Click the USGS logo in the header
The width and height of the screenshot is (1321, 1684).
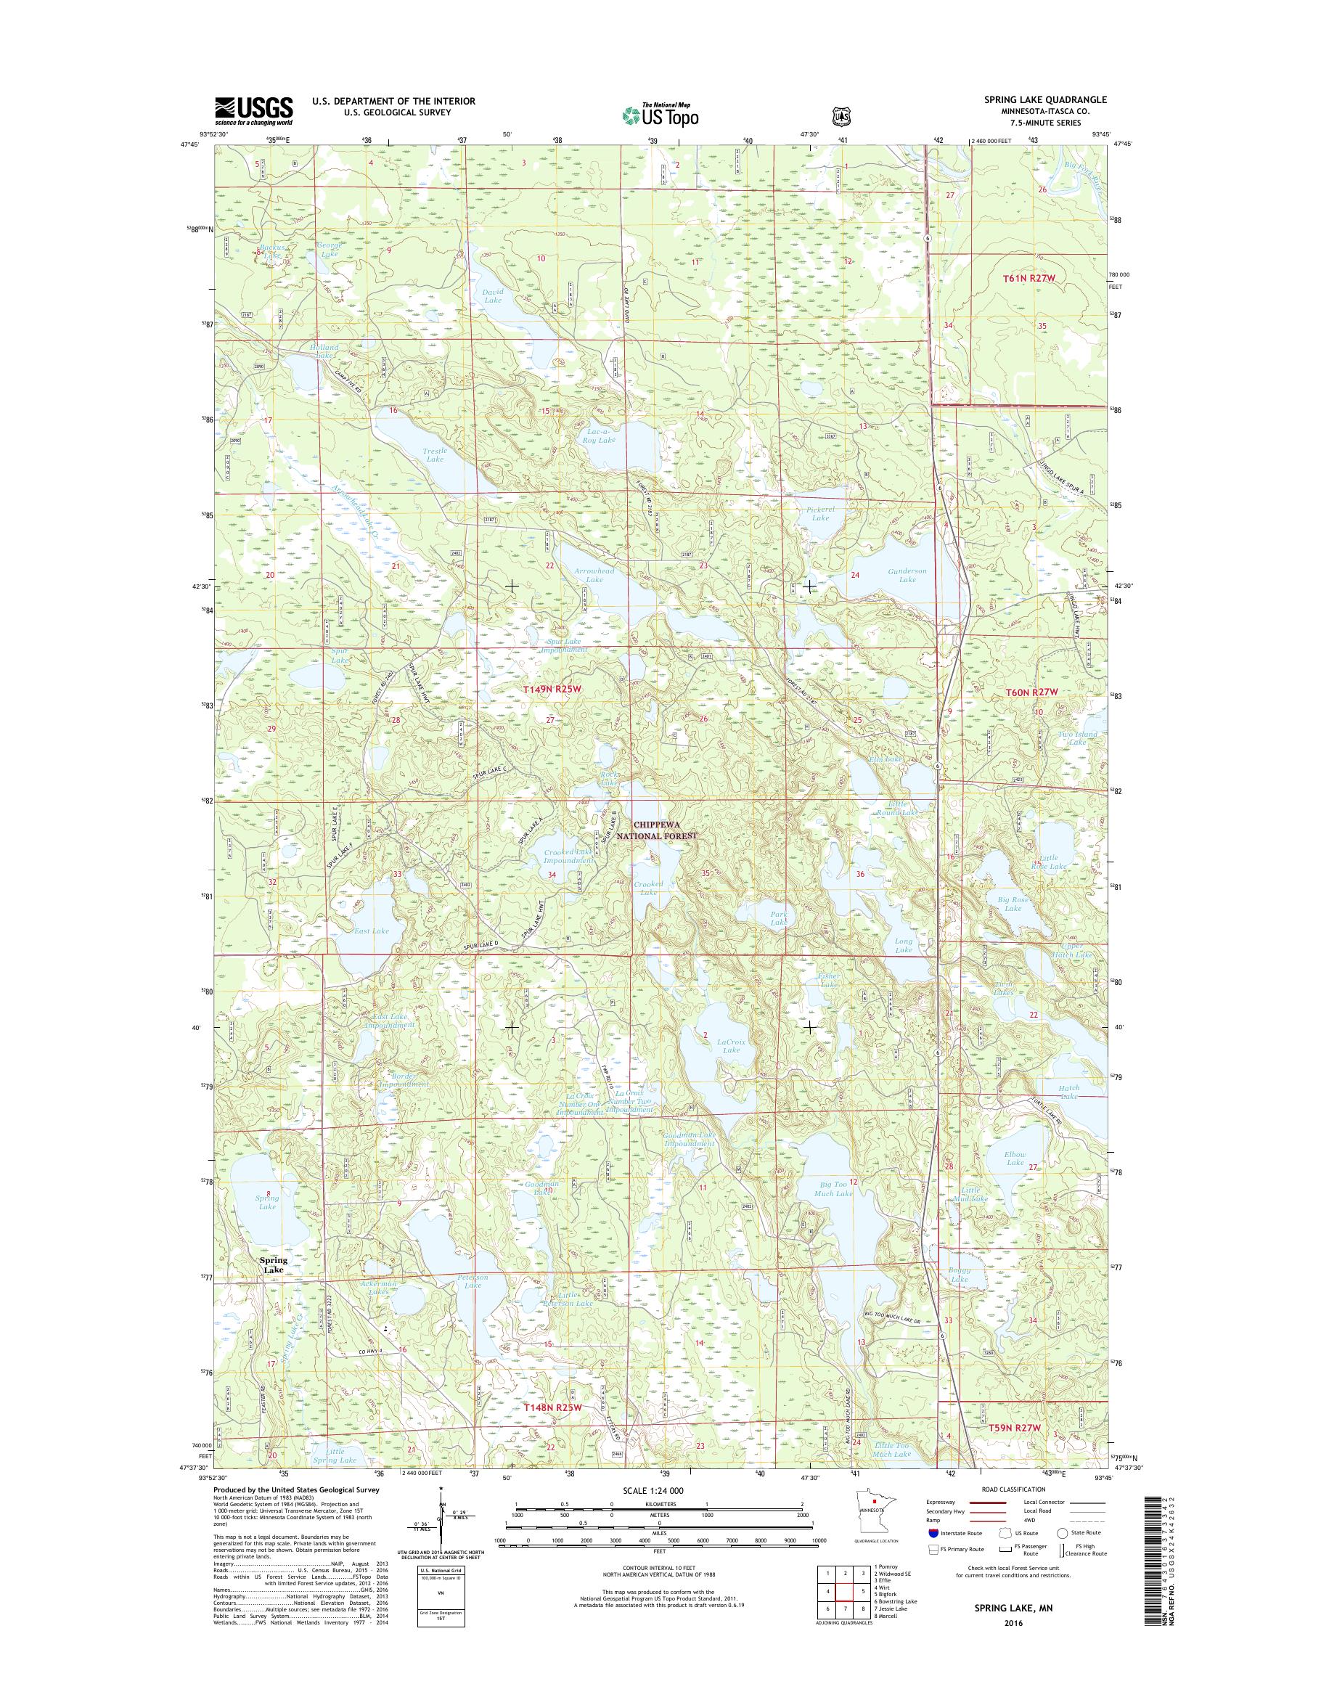pyautogui.click(x=254, y=110)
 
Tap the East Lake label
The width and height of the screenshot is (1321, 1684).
pyautogui.click(x=371, y=931)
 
